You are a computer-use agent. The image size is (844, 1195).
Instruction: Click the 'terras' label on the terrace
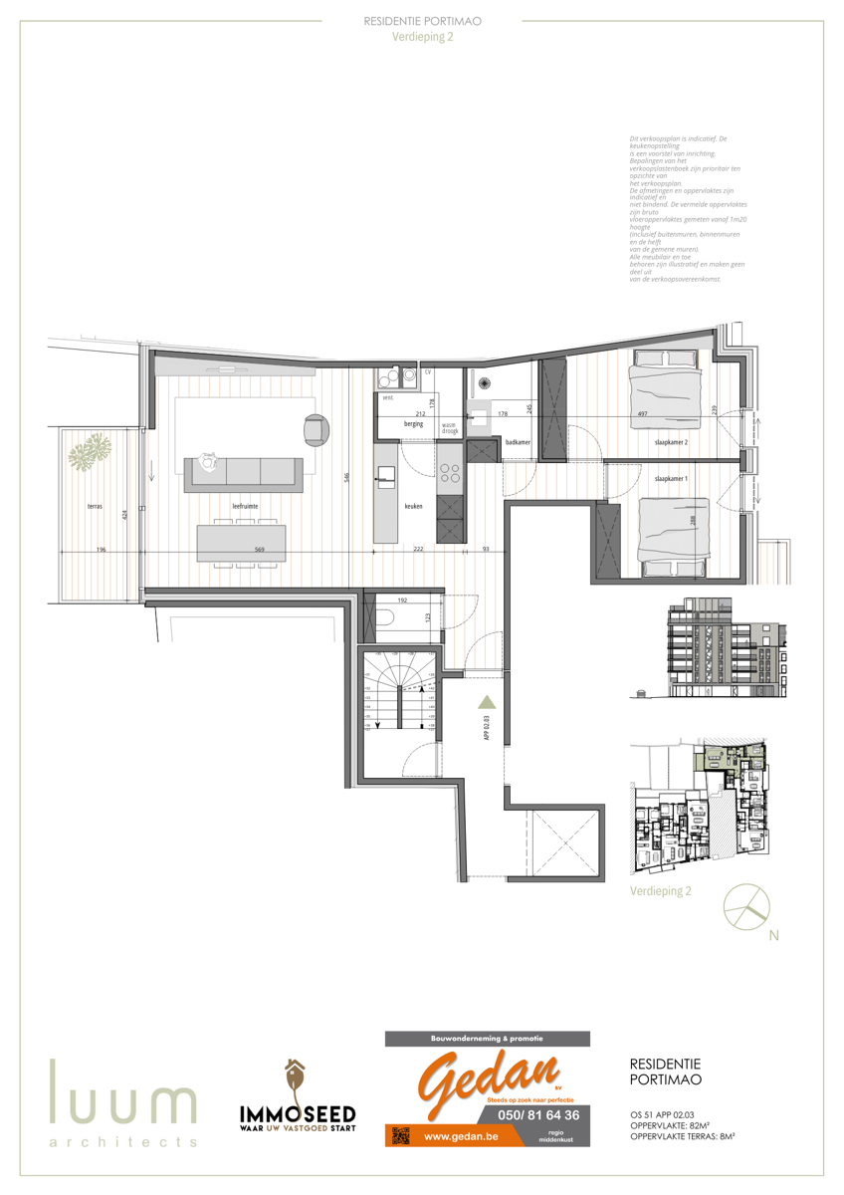[95, 507]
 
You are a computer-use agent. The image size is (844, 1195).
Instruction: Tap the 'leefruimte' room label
[245, 507]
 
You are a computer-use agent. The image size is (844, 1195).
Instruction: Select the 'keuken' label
[413, 507]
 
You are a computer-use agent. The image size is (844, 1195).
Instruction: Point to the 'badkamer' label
[517, 441]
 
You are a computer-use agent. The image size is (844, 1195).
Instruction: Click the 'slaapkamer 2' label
[672, 441]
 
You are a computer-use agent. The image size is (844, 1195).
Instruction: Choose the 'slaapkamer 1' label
[671, 479]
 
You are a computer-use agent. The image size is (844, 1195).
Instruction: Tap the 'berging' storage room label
[413, 424]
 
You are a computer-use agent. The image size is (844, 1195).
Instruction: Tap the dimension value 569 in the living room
[230, 551]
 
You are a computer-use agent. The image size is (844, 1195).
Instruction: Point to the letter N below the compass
[773, 935]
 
